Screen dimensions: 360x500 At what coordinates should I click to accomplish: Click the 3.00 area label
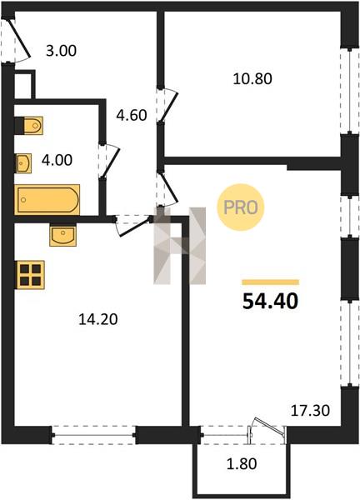pos(61,51)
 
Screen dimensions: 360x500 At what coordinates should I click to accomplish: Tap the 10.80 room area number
pos(252,79)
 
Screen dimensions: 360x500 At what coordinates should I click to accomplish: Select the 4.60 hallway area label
pos(132,115)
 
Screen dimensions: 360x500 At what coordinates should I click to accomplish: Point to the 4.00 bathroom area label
pos(57,160)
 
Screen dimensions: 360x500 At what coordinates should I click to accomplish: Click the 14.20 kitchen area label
pos(98,319)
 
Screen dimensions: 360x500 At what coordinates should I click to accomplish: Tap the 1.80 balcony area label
pos(242,463)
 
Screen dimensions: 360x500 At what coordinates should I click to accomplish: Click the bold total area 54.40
pos(270,302)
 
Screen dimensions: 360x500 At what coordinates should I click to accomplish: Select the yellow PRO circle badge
pos(241,207)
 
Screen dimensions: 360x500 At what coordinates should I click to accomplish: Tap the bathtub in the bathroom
pos(47,200)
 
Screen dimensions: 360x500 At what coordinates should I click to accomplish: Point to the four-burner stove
pos(30,275)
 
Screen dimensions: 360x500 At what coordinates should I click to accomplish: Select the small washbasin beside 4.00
pos(23,163)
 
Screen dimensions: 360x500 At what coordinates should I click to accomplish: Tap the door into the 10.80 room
pos(167,105)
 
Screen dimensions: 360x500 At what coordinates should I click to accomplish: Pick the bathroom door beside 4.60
pos(109,162)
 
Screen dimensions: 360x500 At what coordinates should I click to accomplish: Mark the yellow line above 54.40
pos(270,282)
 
